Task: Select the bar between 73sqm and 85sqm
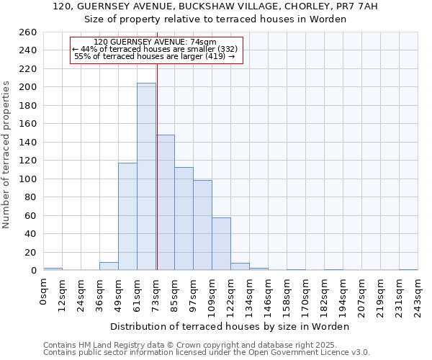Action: click(166, 202)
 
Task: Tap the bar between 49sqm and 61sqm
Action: click(127, 216)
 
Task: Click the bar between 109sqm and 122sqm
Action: click(221, 244)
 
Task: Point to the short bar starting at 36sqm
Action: click(109, 266)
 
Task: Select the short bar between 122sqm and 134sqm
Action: click(240, 267)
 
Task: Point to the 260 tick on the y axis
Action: click(30, 32)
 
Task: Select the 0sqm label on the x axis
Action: click(44, 292)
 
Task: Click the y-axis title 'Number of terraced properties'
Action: click(7, 155)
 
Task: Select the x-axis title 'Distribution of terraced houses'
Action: click(230, 326)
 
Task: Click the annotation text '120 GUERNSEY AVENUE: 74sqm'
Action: click(156, 42)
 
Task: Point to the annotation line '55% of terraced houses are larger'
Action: click(156, 56)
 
